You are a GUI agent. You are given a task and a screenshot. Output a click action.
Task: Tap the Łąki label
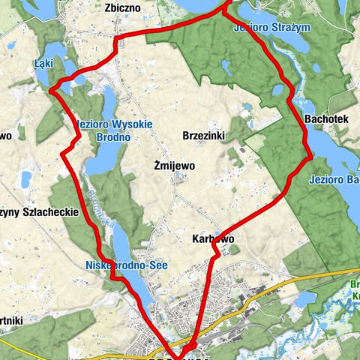[43, 64]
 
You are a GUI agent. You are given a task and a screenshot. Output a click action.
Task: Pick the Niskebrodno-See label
[125, 265]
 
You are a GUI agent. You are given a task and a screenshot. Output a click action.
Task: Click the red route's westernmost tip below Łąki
[51, 91]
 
